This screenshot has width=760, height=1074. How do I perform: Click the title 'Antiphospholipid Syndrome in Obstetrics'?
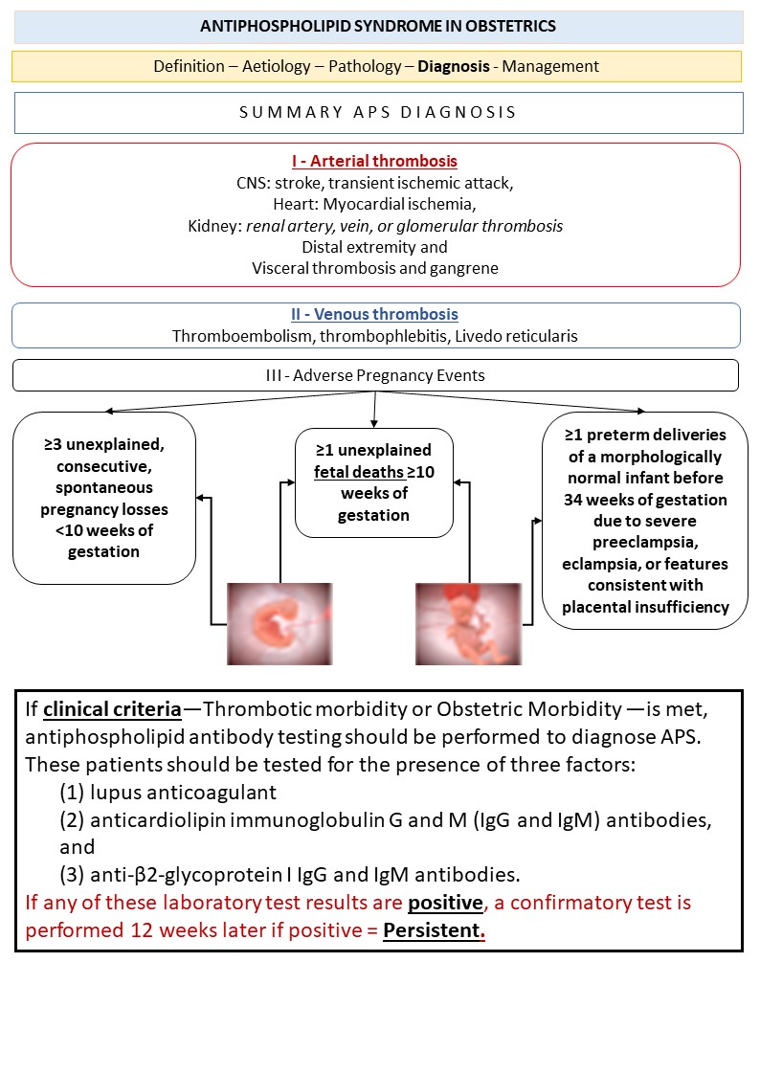(x=378, y=27)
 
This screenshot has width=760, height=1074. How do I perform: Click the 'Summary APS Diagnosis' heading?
(x=378, y=112)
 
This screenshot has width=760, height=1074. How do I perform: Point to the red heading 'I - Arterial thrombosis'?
(x=375, y=161)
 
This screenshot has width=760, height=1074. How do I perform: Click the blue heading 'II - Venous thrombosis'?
(x=375, y=314)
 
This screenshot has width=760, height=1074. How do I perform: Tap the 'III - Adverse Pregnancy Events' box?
(x=375, y=375)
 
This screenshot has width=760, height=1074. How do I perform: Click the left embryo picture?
(x=265, y=623)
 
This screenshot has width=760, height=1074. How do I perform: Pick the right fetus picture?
(x=468, y=623)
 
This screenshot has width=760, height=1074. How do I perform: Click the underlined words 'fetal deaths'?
(x=357, y=472)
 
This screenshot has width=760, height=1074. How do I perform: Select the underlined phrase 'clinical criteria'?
(x=112, y=709)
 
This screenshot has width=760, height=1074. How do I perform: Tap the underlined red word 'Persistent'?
(x=432, y=929)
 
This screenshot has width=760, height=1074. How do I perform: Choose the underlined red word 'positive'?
(x=446, y=902)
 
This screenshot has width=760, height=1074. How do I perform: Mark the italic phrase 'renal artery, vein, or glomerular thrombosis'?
(x=404, y=226)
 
